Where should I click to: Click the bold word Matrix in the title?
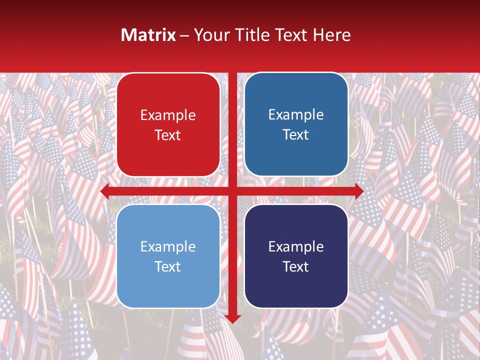(148, 35)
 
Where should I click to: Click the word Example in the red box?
(168, 115)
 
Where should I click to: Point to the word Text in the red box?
(168, 135)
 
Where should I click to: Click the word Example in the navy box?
(296, 246)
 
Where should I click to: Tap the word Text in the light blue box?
(168, 266)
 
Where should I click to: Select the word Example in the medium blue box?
(296, 115)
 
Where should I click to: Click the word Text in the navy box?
(296, 266)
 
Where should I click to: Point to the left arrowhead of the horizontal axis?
(104, 191)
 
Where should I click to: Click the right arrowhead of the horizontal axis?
(359, 191)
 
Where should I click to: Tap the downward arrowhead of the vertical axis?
(232, 319)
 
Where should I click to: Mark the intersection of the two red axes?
(232, 191)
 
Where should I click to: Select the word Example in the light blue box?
(168, 247)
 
